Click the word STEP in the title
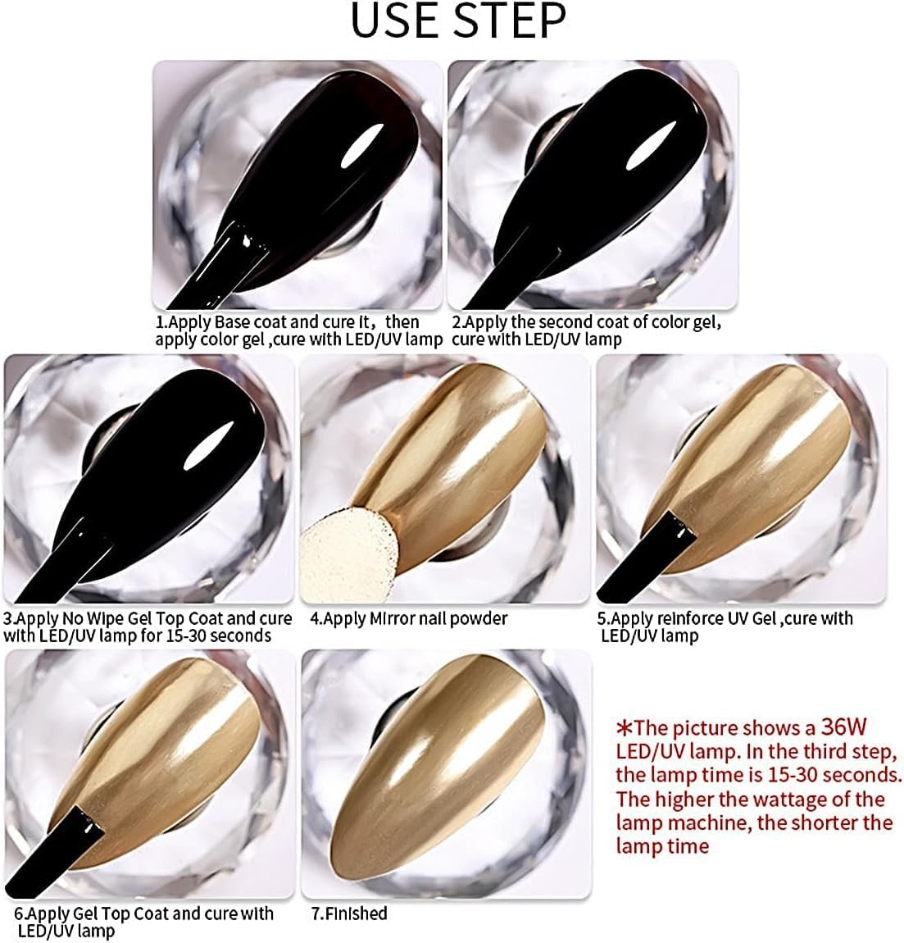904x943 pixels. [510, 20]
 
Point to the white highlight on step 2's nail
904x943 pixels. [651, 145]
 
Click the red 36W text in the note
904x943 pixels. [843, 727]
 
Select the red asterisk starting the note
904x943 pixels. [625, 728]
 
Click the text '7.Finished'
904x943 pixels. [349, 913]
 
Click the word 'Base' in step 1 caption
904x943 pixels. [233, 321]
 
